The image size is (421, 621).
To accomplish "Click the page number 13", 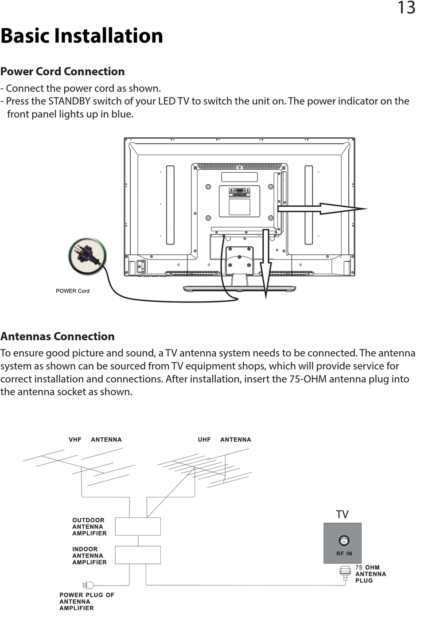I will click(406, 8).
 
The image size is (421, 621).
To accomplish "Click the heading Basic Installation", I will click(82, 35).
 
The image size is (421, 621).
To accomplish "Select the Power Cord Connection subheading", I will click(62, 71).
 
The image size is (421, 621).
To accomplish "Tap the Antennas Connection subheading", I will click(58, 336).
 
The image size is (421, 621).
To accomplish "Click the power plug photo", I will click(87, 256).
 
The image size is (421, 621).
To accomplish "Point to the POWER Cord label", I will click(72, 291).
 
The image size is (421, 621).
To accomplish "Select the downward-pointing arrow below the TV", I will click(265, 266).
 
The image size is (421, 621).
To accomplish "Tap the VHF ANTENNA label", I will click(95, 440).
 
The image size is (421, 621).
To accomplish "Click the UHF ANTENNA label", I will click(224, 440).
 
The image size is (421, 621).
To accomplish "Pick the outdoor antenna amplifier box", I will click(138, 527).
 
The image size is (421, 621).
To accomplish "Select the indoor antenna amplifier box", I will click(138, 555).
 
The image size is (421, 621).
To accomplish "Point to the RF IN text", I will click(344, 554).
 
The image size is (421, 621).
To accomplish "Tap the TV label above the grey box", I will click(342, 514).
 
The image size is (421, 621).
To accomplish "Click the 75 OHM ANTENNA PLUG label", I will click(370, 574).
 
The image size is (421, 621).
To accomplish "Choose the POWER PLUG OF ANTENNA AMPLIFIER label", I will click(86, 602).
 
